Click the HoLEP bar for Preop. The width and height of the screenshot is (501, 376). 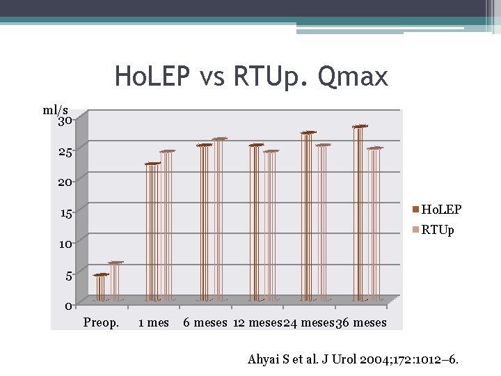101,288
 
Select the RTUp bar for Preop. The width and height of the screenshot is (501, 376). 115,281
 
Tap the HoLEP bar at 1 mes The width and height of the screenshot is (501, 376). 152,232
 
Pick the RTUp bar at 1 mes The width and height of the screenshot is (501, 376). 167,226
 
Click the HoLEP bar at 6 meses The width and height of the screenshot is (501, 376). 204,223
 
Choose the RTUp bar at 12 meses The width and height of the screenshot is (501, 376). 270,226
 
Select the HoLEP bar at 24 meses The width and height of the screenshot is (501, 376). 308,216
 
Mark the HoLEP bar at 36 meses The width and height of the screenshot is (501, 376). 359,213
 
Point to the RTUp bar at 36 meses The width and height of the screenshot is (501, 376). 374,224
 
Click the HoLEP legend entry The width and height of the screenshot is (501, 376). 437,209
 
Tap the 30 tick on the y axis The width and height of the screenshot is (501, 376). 65,121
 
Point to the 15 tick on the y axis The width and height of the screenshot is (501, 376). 65,213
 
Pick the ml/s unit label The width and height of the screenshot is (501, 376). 55,109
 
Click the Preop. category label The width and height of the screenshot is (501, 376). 101,322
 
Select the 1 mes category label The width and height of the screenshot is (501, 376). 154,322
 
